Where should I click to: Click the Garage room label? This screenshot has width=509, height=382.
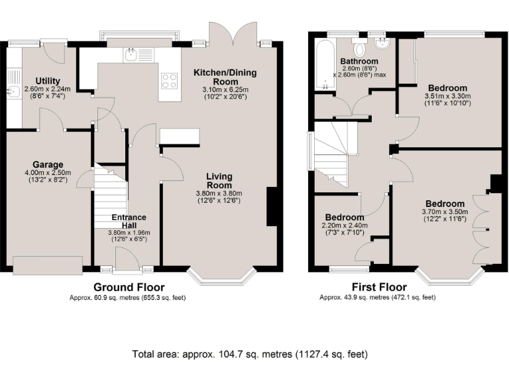[48, 164]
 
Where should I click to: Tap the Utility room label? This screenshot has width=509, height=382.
[48, 81]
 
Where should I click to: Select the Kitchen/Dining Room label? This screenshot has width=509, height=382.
[225, 77]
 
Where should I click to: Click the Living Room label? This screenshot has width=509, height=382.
[219, 181]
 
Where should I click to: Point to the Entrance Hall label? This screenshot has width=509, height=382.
[129, 222]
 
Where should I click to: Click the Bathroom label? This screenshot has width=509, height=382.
[359, 61]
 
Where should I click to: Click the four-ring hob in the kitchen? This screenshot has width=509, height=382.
[170, 81]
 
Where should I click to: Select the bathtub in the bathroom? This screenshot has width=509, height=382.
[325, 64]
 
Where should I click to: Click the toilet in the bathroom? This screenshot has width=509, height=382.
[359, 48]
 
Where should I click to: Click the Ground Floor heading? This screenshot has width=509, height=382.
[129, 287]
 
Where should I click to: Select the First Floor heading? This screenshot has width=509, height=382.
[379, 287]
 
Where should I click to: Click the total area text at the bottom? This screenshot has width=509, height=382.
[250, 353]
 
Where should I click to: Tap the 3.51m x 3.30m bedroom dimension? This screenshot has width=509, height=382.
[447, 96]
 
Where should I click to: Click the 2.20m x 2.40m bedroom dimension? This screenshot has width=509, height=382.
[345, 225]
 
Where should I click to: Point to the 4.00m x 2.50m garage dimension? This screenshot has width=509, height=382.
[48, 173]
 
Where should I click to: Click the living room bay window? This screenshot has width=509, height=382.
[221, 277]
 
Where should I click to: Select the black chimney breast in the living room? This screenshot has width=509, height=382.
[272, 206]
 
